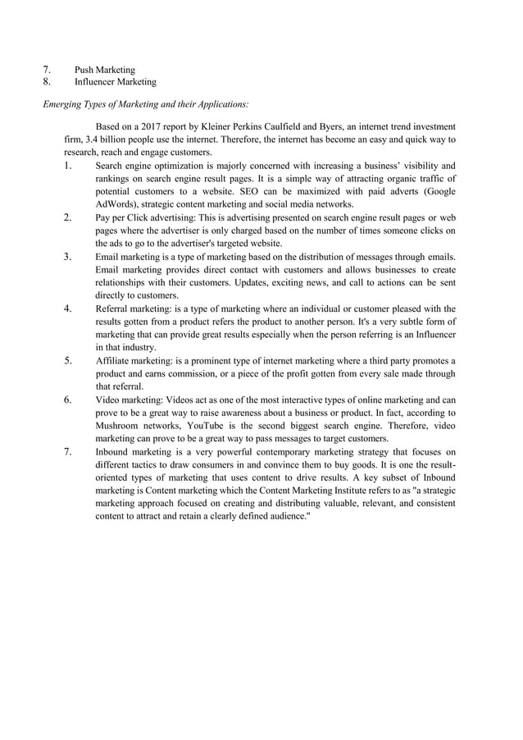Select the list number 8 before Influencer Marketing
(x=47, y=82)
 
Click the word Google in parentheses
(x=438, y=191)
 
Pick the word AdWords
(x=117, y=203)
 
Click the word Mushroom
(x=120, y=426)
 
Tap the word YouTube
(x=209, y=426)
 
